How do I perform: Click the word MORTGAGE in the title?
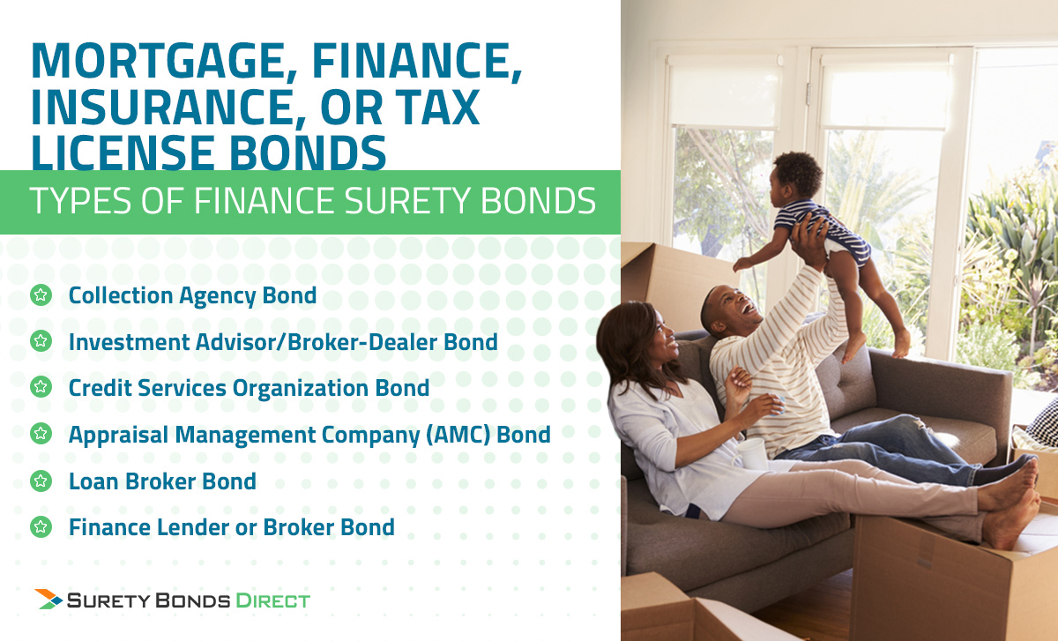164,61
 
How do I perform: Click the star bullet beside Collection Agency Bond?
41,295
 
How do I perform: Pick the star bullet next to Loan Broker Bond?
41,481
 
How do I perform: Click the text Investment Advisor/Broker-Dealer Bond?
283,342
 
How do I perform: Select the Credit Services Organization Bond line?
249,388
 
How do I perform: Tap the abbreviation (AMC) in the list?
458,435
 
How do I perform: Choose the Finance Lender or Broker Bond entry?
231,527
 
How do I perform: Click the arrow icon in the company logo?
48,599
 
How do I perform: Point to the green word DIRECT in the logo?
272,600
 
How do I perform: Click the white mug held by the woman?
751,453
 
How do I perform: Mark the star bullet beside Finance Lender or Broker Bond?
41,527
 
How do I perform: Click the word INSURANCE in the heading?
163,108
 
